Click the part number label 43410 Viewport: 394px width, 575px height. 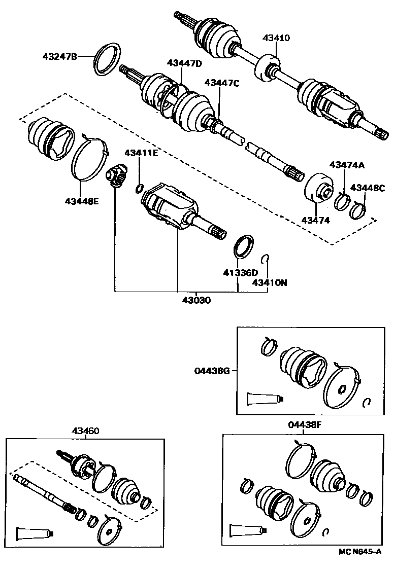(276, 38)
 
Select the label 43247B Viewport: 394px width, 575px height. (59, 57)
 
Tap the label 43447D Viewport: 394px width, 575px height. (184, 63)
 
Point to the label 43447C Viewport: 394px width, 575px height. (221, 83)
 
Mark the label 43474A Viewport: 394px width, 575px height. (347, 165)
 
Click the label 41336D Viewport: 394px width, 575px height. (240, 273)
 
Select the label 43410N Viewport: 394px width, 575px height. (270, 282)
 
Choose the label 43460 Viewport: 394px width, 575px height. (85, 431)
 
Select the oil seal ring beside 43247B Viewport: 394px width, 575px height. (108, 59)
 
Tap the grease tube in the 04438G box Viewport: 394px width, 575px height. (264, 398)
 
